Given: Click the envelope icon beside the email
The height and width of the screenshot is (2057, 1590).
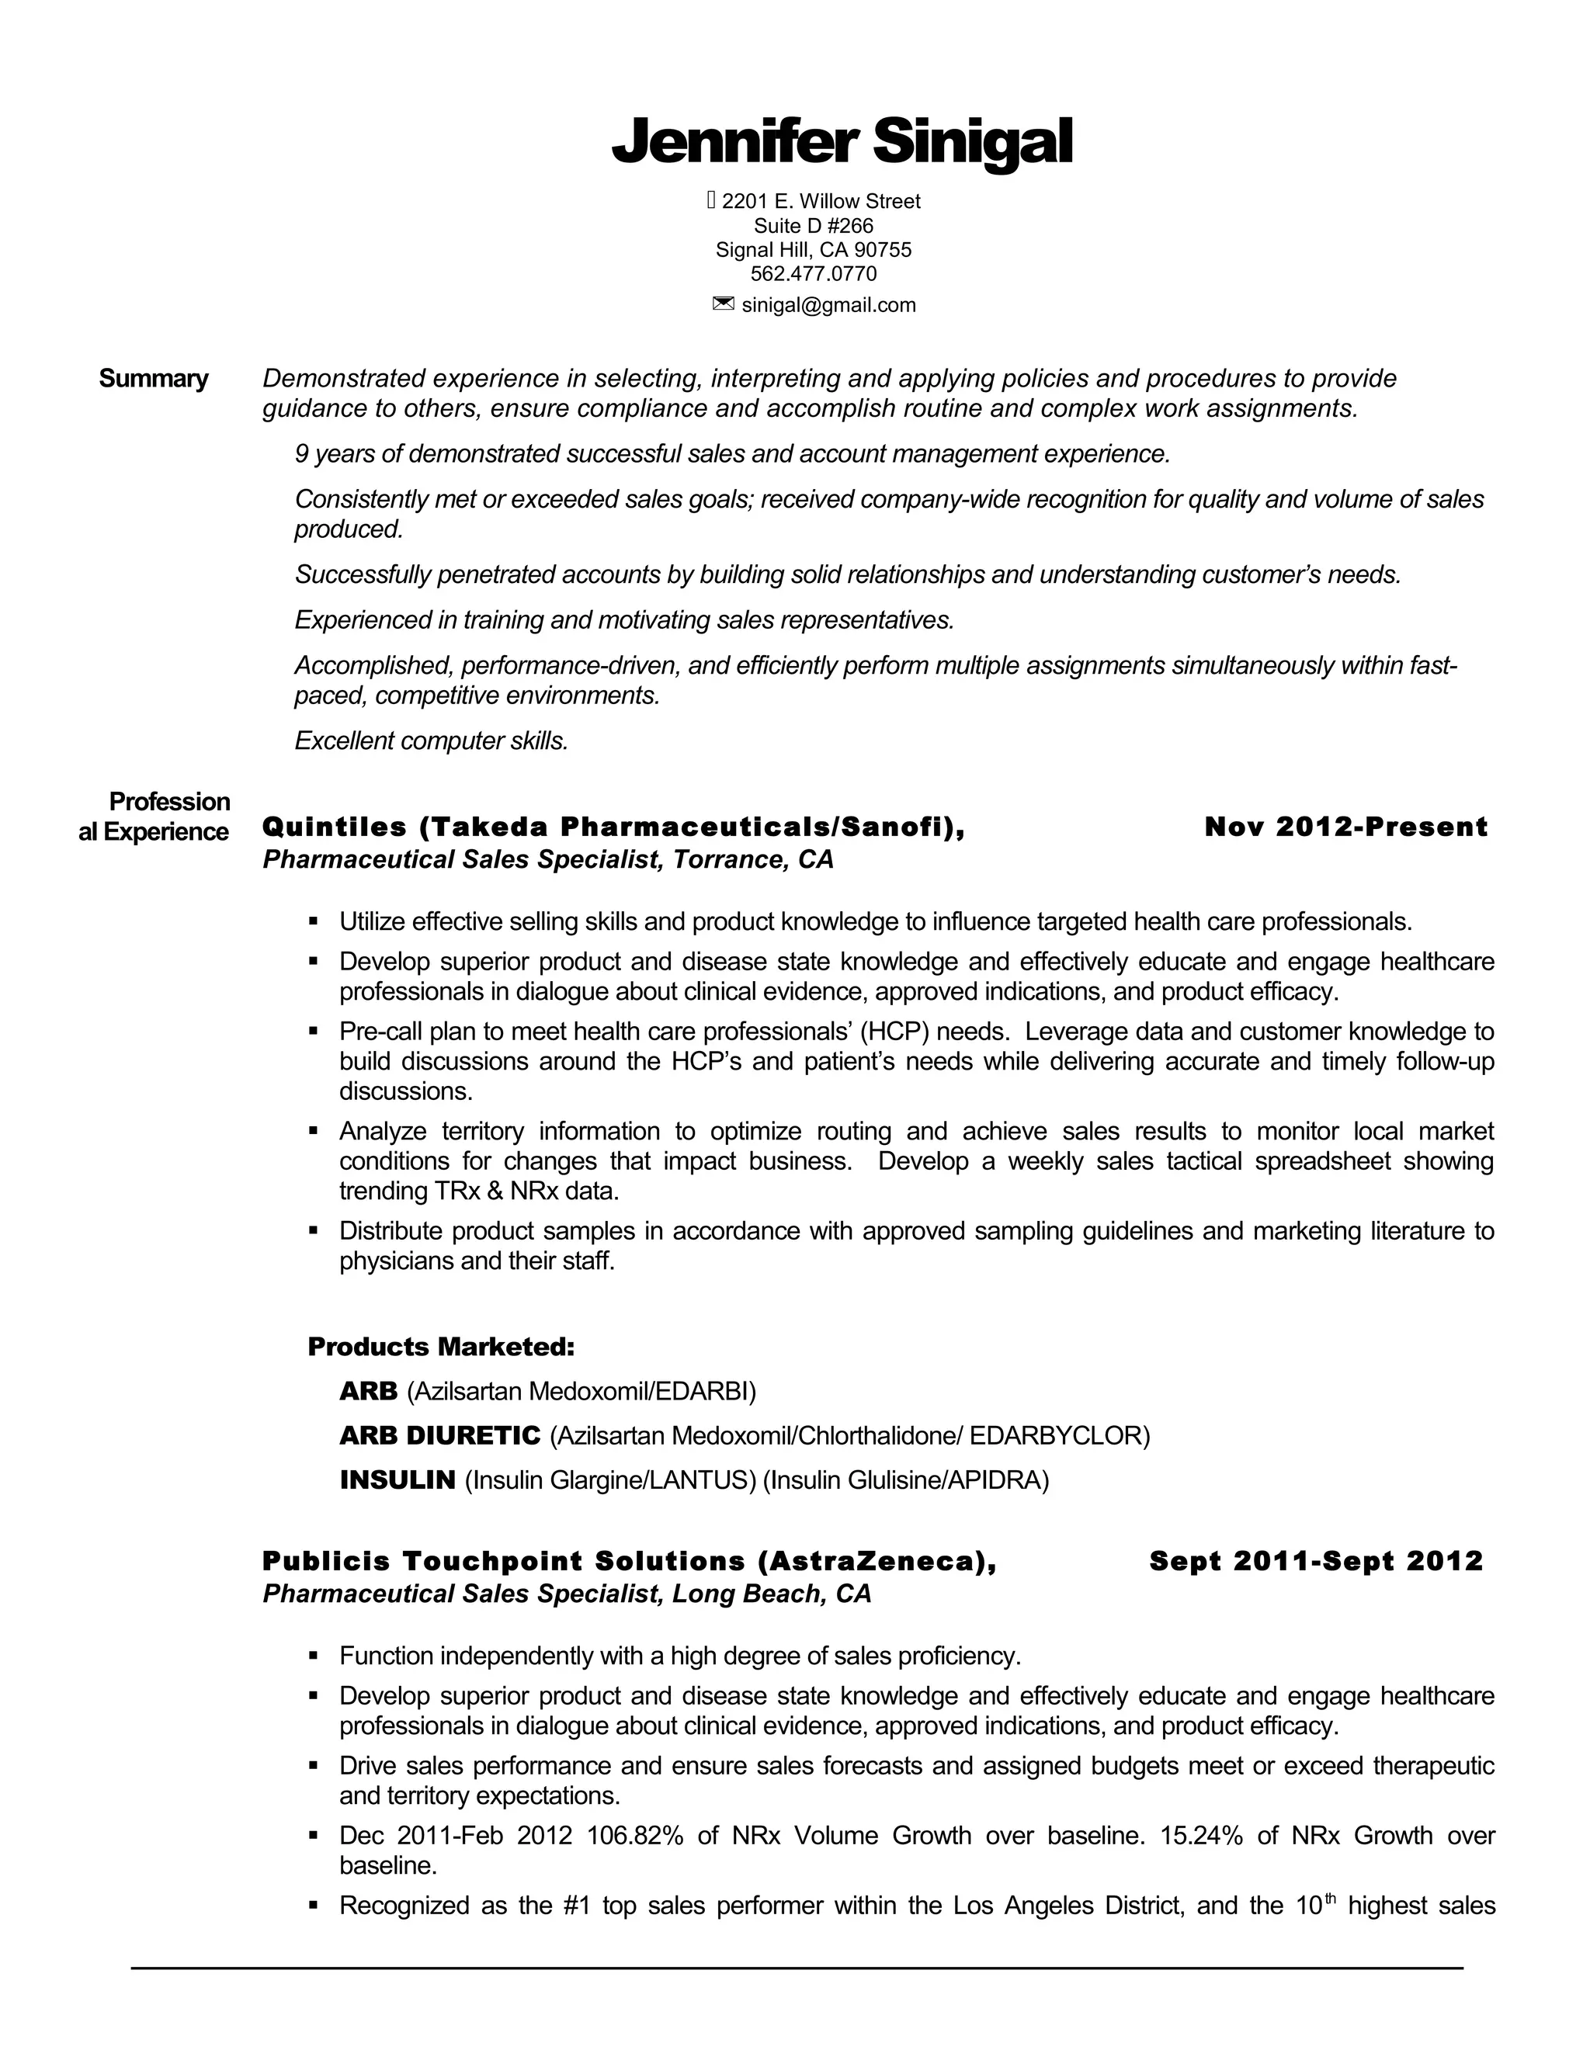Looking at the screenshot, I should pyautogui.click(x=723, y=304).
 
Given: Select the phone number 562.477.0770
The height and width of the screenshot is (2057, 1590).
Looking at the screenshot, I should pyautogui.click(x=813, y=274).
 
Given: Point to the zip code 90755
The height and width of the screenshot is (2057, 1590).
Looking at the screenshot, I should pyautogui.click(x=883, y=250).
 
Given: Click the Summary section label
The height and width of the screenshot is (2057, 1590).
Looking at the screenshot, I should pyautogui.click(x=154, y=379).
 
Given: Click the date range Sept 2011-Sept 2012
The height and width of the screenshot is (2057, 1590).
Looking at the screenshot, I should pyautogui.click(x=1315, y=1562).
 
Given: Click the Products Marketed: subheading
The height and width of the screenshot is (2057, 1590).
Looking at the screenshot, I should pyautogui.click(x=441, y=1347).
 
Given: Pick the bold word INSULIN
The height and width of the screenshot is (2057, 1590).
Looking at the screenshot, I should pyautogui.click(x=397, y=1480).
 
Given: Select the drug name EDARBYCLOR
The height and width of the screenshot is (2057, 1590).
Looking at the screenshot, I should pyautogui.click(x=1055, y=1436).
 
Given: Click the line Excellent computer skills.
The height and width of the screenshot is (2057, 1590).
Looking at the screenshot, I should pyautogui.click(x=432, y=741).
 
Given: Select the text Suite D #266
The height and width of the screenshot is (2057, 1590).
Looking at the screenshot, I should pyautogui.click(x=813, y=226).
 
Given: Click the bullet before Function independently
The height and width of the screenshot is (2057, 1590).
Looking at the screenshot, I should pyautogui.click(x=314, y=1656).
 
